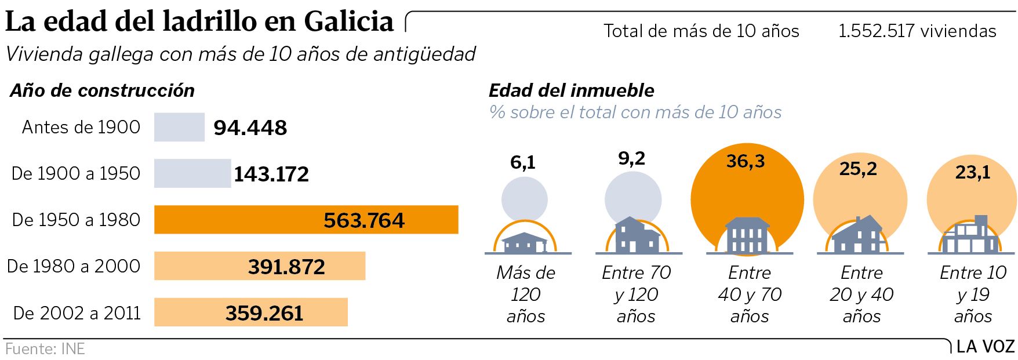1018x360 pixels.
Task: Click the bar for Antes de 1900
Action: pos(179,127)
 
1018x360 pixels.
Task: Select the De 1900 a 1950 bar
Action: pos(192,173)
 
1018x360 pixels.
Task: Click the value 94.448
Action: pos(250,128)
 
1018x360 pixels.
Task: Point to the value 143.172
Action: pos(271,174)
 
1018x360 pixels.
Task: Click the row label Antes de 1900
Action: pos(81,127)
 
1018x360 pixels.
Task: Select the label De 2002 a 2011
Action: pos(77,313)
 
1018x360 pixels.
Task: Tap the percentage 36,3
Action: pos(746,161)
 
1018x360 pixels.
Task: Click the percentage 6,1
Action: pos(523,163)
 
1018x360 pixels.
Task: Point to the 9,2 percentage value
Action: pos(631,158)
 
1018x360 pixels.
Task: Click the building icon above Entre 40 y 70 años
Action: pos(748,235)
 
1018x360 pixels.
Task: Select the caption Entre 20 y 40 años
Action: pos(861,294)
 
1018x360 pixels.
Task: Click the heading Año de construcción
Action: pos(102,90)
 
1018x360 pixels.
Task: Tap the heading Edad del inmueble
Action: pos(571,90)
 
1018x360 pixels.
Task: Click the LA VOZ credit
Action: pos(985,347)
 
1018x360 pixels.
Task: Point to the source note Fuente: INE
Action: pos(45,349)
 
